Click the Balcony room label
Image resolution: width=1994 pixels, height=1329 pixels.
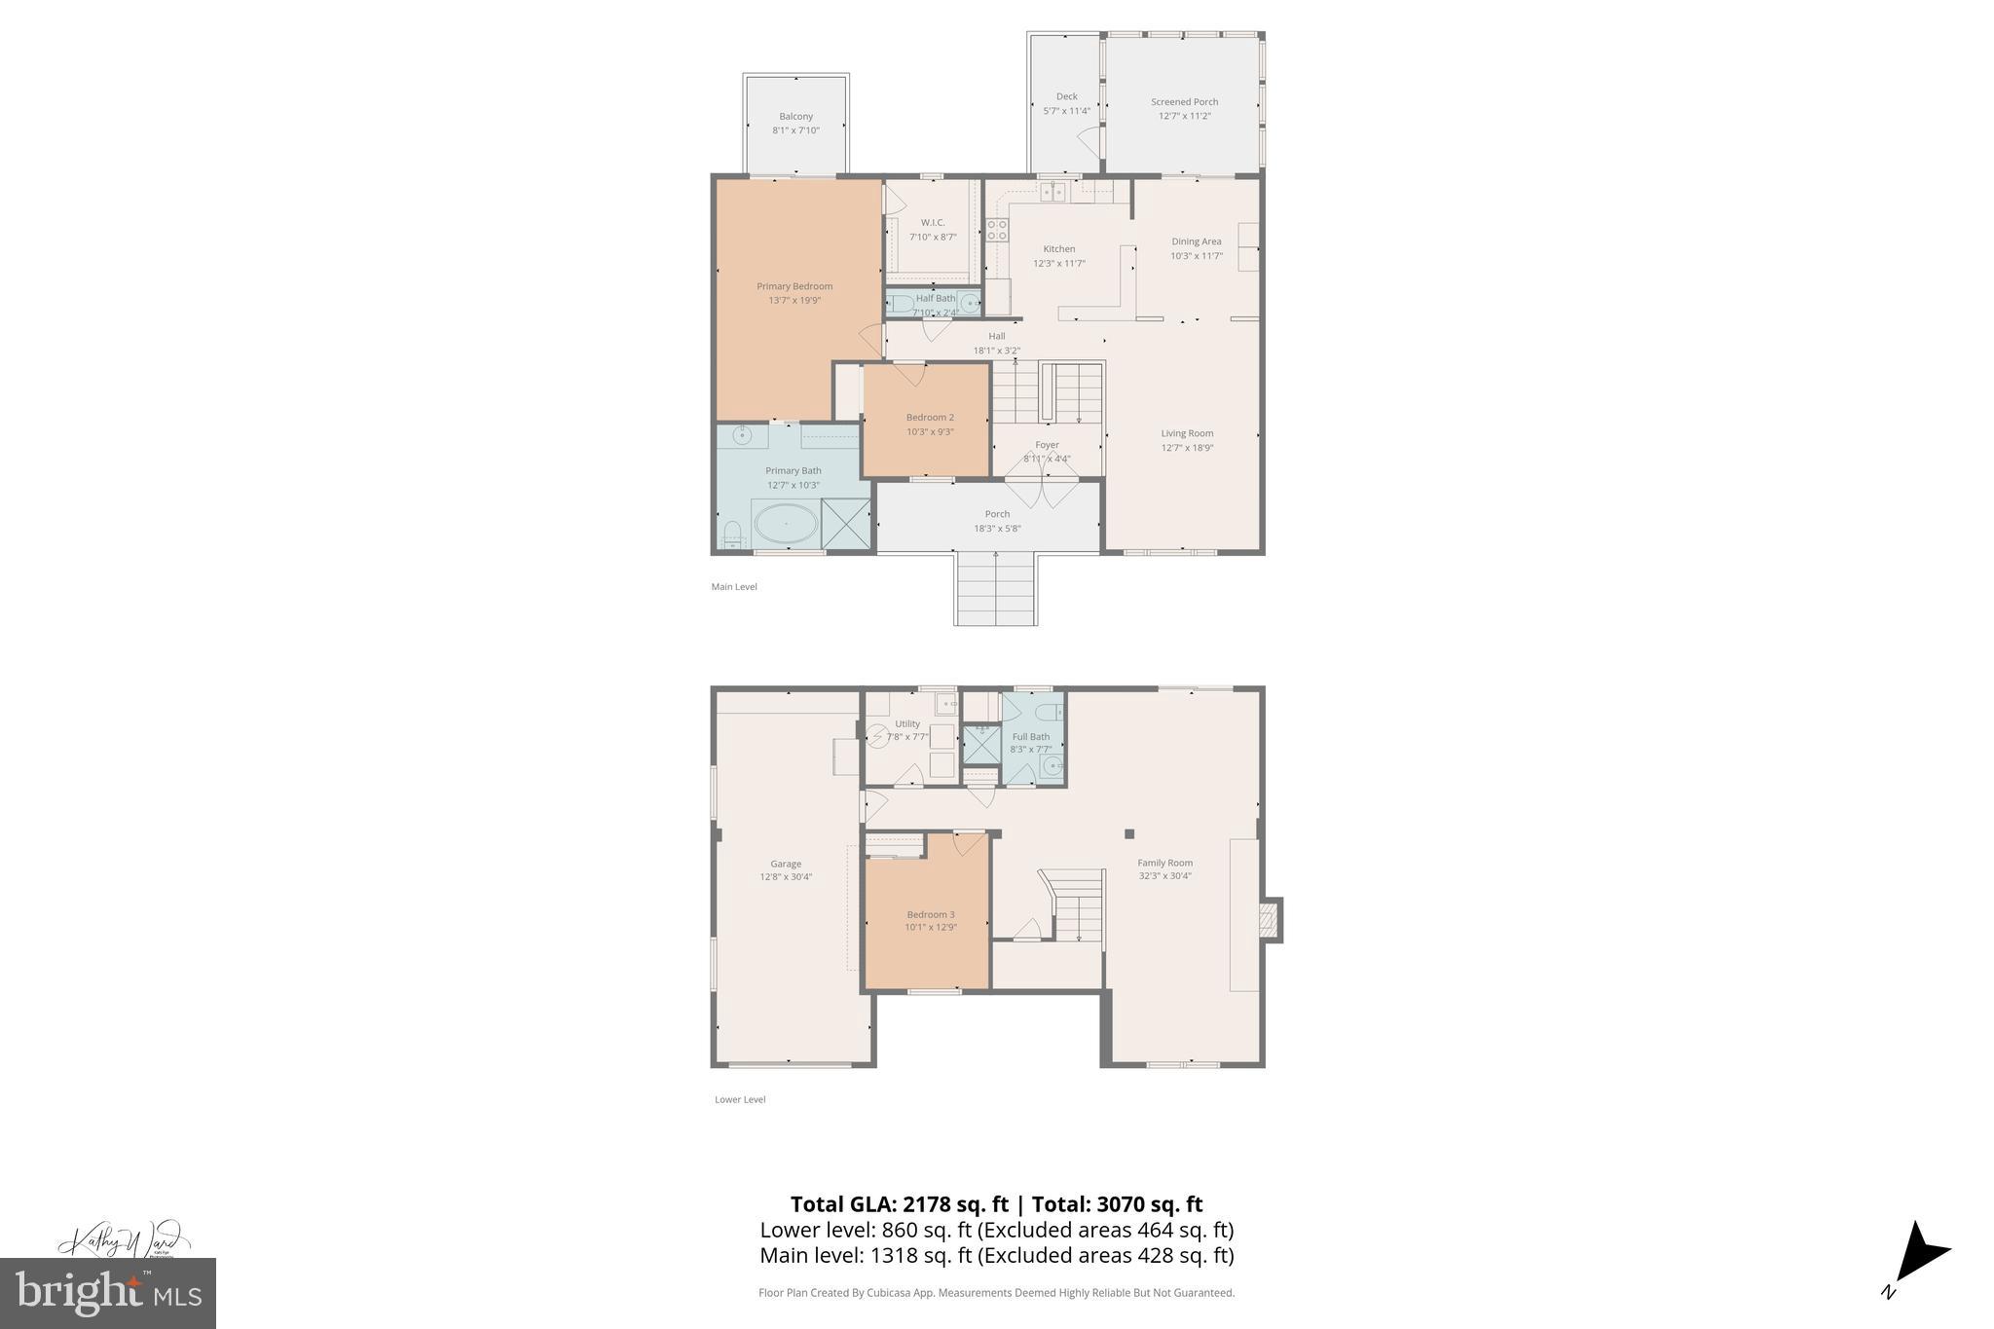click(x=795, y=117)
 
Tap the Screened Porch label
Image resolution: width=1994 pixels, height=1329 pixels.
click(x=1184, y=102)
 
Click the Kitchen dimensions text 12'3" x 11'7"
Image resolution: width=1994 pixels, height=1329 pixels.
click(x=1059, y=264)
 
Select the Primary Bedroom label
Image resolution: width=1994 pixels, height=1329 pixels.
click(x=794, y=286)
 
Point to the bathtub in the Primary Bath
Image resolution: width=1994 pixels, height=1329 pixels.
click(x=786, y=524)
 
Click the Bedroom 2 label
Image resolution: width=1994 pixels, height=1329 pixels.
click(x=930, y=418)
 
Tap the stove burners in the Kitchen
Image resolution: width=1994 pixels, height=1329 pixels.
click(x=997, y=230)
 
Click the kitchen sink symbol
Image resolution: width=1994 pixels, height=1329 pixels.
click(x=1052, y=193)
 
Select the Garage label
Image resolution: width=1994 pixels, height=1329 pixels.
click(x=786, y=864)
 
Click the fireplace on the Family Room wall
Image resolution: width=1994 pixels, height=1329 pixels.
click(x=1269, y=920)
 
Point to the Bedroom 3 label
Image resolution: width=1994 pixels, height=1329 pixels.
click(x=931, y=914)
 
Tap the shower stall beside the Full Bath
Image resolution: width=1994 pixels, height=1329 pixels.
click(x=981, y=745)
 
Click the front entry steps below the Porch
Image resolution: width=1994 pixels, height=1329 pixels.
click(x=994, y=588)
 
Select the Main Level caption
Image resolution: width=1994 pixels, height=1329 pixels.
click(x=734, y=587)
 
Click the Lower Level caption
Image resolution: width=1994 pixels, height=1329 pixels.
click(x=740, y=1099)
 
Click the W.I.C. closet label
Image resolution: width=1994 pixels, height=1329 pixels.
click(x=933, y=223)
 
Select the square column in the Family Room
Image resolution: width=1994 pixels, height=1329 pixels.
click(x=1129, y=833)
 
